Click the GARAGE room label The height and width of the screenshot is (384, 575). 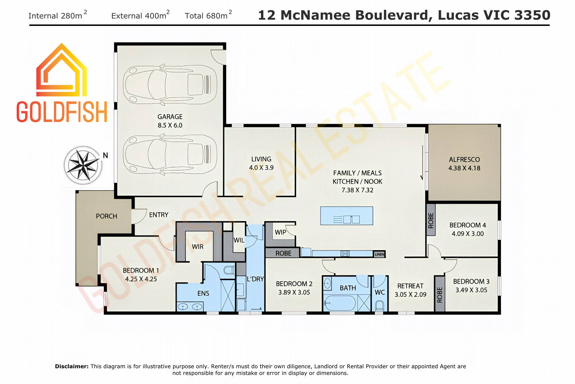170,117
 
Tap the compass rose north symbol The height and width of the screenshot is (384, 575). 83,165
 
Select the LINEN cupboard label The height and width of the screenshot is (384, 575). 379,254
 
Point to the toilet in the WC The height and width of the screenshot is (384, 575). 379,305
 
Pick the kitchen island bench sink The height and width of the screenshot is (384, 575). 351,219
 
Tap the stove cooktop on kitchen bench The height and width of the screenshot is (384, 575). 345,254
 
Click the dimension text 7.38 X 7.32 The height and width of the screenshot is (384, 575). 357,190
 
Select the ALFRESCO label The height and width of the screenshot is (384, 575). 464,159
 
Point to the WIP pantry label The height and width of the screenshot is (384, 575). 280,232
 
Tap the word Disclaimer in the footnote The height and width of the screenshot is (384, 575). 72,366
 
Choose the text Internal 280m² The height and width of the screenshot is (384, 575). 58,15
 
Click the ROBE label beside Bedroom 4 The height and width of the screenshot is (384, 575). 431,220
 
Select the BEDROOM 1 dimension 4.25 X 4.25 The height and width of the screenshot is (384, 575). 141,279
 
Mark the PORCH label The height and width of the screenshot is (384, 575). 106,216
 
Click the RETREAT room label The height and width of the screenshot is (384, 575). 410,286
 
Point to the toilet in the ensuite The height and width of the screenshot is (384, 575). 229,270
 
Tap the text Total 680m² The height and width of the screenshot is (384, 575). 208,15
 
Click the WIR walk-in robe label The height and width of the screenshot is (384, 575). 198,247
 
